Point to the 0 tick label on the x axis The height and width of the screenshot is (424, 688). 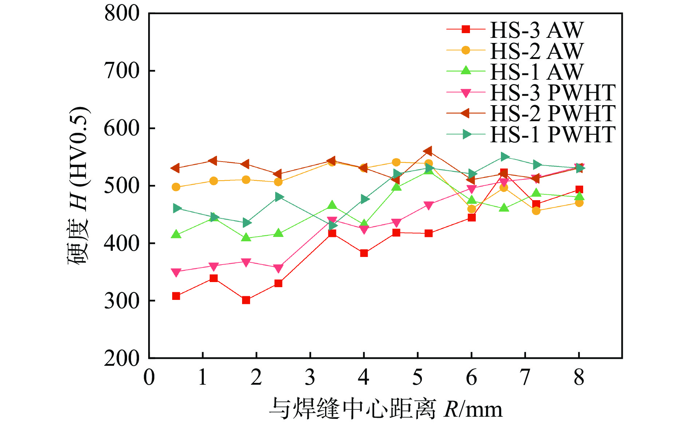coord(149,377)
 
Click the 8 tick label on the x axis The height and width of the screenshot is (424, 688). coord(579,377)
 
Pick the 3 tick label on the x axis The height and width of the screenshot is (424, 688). coord(310,377)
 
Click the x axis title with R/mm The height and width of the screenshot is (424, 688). coord(386,409)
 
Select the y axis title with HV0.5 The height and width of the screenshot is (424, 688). coord(78,186)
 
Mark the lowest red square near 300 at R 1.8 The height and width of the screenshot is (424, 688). coord(246,300)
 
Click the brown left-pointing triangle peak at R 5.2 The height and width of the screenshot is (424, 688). coord(428,151)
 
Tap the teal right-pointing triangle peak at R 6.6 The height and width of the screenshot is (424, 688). coord(504,157)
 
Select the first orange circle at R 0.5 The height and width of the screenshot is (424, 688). coord(176,187)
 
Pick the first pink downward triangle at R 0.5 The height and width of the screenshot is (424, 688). coord(176,273)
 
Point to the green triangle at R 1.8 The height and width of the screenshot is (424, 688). coord(246,238)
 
